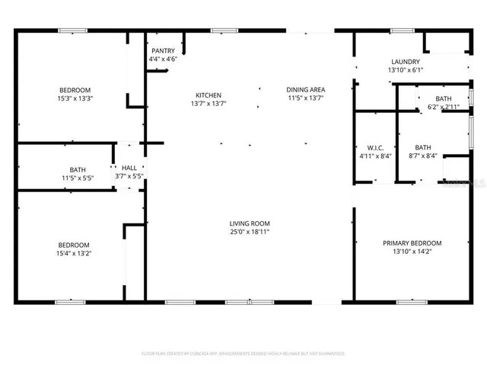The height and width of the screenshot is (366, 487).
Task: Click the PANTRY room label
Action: click(x=163, y=51)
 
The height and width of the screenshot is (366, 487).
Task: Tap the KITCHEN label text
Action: click(x=208, y=95)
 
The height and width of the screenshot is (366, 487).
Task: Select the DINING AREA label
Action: click(x=305, y=88)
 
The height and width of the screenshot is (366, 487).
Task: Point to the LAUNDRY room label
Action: click(x=406, y=63)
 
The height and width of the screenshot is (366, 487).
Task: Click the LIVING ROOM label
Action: click(x=250, y=223)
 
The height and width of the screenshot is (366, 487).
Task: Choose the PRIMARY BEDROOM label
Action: click(x=412, y=243)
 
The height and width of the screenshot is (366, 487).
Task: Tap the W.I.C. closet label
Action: click(x=374, y=148)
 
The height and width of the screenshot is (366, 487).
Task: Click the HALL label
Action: click(x=128, y=168)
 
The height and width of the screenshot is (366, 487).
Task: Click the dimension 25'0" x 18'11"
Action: click(x=250, y=232)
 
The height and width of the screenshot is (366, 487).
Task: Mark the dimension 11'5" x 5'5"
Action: click(x=78, y=178)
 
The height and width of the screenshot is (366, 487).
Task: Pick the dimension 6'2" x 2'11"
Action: click(x=442, y=108)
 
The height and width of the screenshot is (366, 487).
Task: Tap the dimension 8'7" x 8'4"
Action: click(x=423, y=156)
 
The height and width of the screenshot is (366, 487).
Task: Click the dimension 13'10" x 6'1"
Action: click(x=406, y=71)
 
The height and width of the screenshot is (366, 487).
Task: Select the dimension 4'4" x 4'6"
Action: click(x=163, y=59)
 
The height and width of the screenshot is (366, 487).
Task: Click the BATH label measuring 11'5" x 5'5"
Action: click(x=78, y=170)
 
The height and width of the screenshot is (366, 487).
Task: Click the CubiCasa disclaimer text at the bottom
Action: click(x=243, y=353)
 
